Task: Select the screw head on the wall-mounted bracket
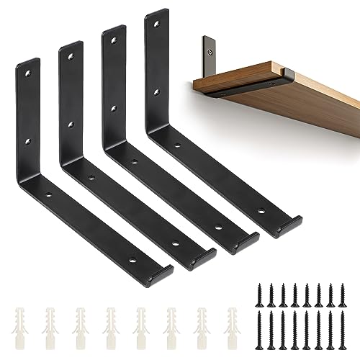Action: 210,52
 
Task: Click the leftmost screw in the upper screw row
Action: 258,283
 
